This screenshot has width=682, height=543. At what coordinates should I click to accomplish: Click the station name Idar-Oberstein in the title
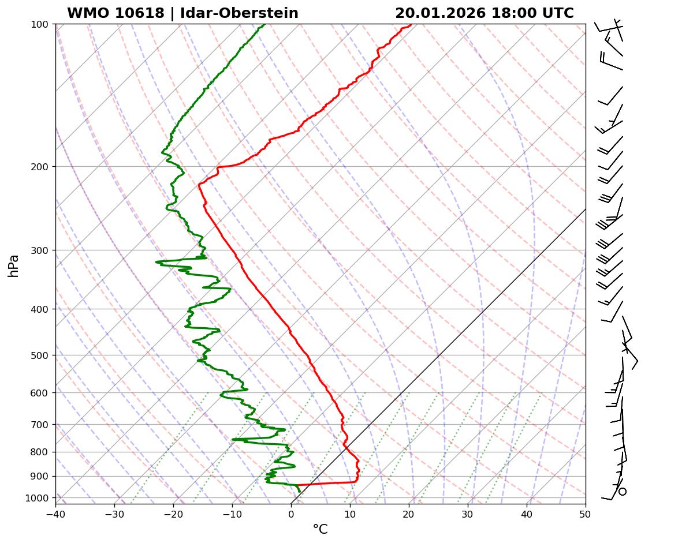tap(239, 13)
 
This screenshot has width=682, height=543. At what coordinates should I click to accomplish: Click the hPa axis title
tap(13, 265)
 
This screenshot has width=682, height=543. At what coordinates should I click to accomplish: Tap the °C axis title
tap(320, 530)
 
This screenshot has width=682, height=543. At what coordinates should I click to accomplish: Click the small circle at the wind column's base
tap(622, 492)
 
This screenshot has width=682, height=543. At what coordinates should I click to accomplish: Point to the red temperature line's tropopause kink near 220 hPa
tap(199, 185)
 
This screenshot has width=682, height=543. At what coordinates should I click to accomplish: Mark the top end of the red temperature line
tap(411, 25)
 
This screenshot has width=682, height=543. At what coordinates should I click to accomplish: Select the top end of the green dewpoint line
tap(264, 25)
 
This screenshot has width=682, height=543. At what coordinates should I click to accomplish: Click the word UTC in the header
tap(558, 13)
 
